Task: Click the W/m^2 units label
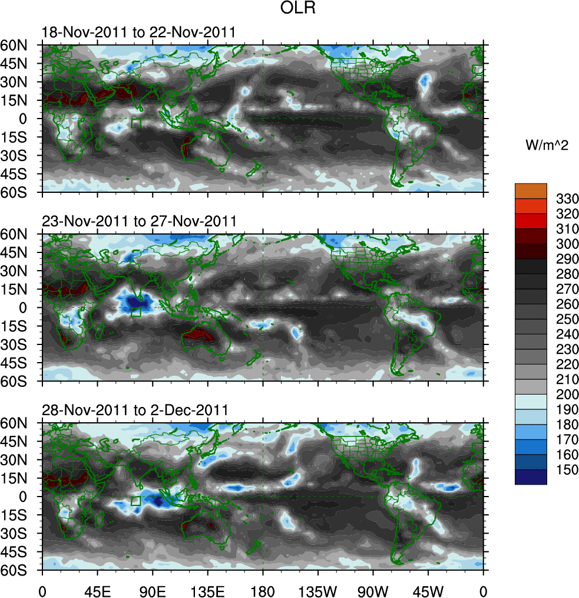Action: (x=547, y=146)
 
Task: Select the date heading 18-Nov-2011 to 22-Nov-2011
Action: (x=138, y=32)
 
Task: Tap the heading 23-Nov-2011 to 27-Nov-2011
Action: (x=139, y=222)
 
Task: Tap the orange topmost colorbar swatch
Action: (x=531, y=190)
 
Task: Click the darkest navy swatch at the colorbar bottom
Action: (x=531, y=477)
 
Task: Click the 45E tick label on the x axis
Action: (x=97, y=590)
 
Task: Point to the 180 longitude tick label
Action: (x=263, y=590)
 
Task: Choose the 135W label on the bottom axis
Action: (x=317, y=590)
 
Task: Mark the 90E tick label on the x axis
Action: (x=153, y=590)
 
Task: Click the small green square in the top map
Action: (x=136, y=123)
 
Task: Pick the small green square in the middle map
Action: (x=136, y=313)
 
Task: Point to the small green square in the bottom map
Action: (x=136, y=501)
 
